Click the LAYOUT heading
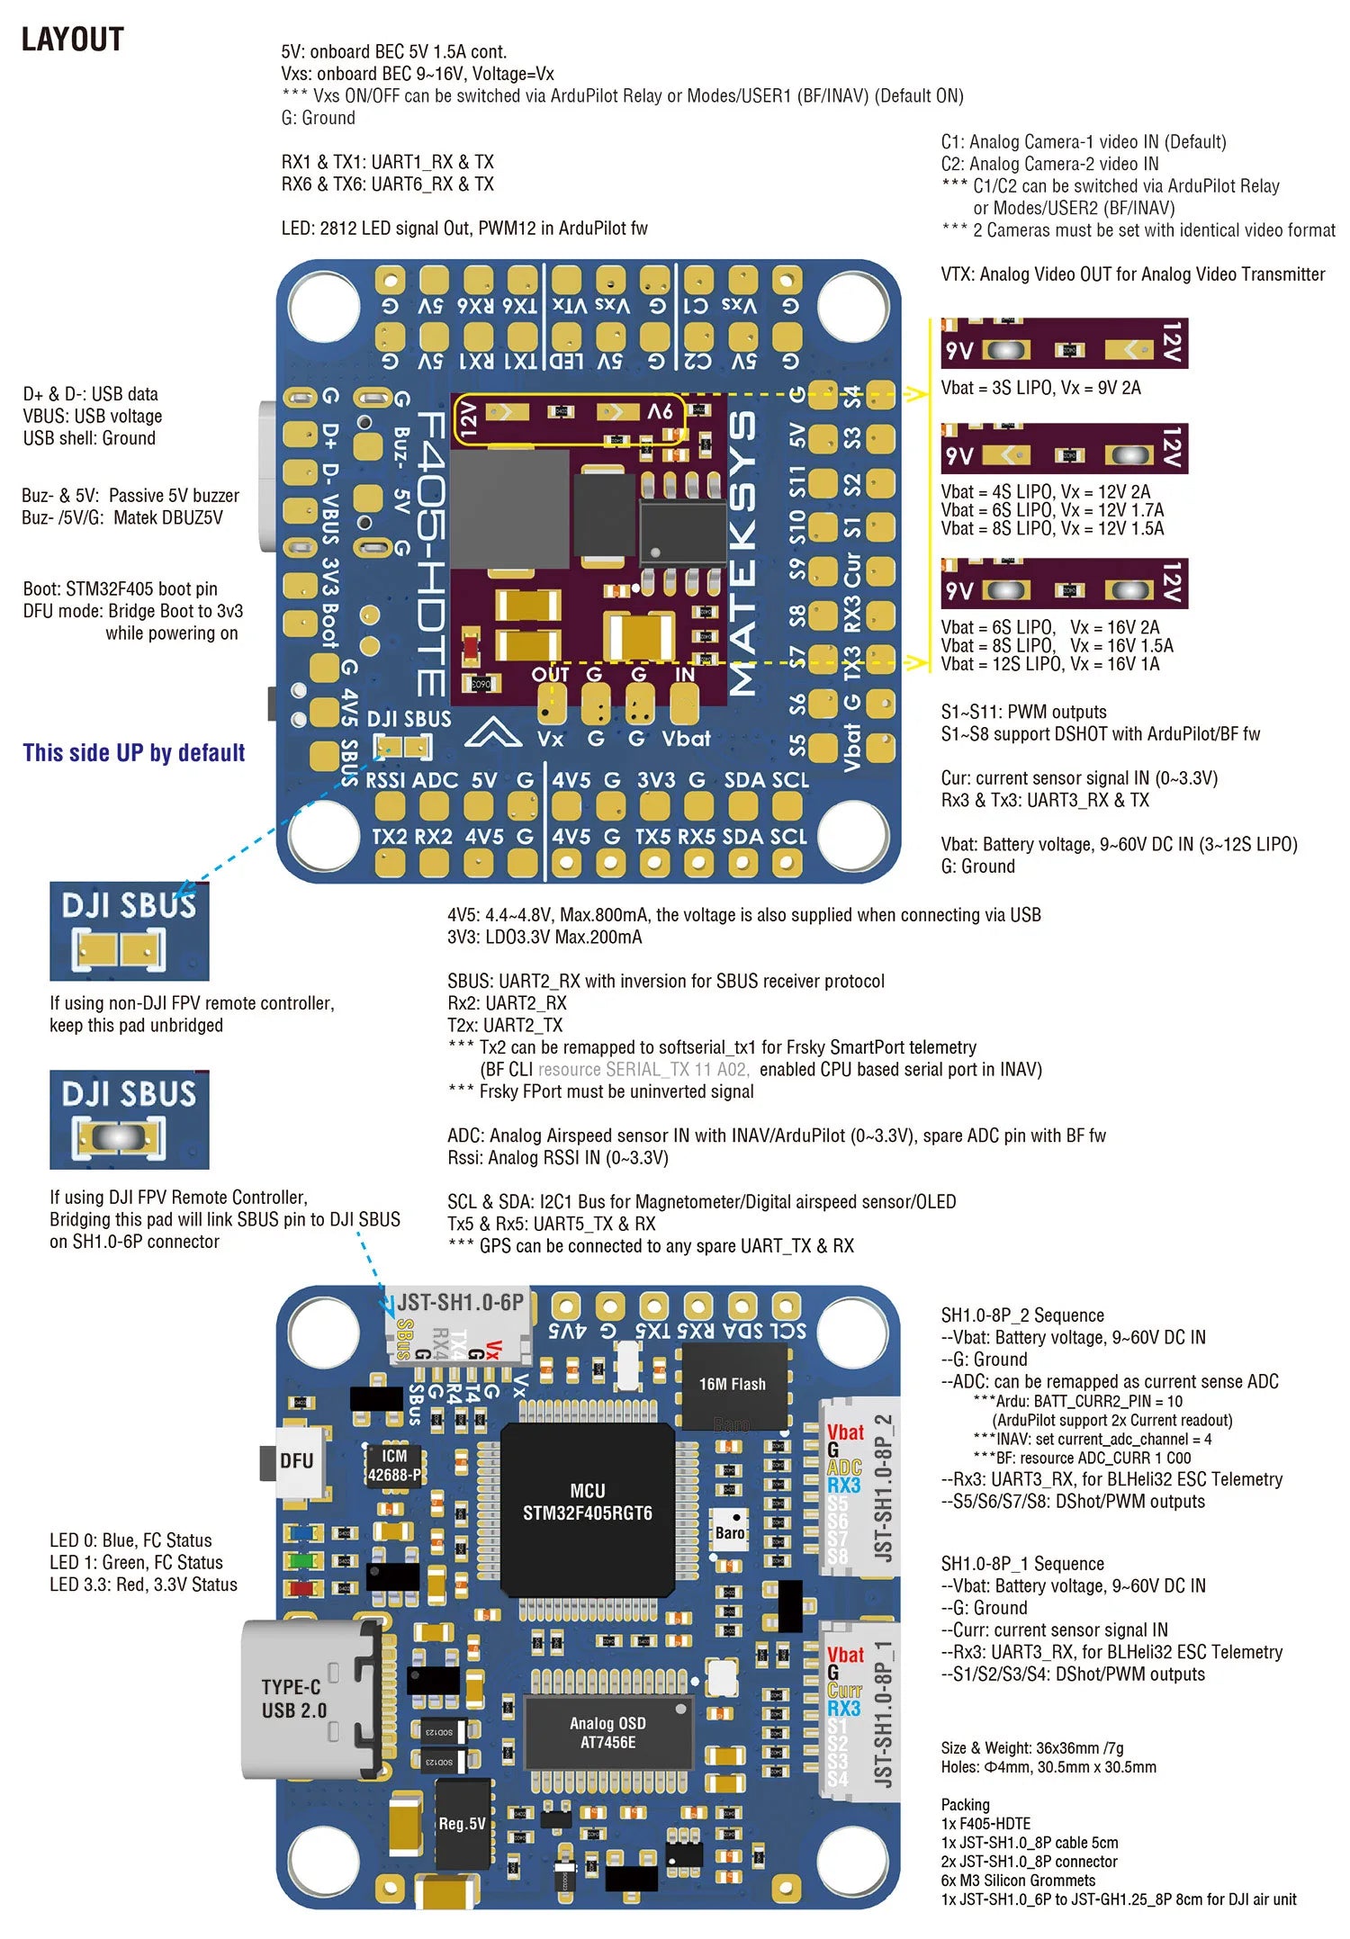click(72, 40)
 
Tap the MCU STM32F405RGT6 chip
click(587, 1502)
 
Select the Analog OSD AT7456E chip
click(607, 1732)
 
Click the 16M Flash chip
click(732, 1384)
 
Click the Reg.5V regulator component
click(462, 1823)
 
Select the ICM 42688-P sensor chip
click(393, 1466)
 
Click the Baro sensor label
click(729, 1532)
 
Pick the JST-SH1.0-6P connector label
click(460, 1302)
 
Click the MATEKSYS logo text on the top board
click(743, 553)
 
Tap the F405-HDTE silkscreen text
click(431, 553)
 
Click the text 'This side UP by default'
click(134, 752)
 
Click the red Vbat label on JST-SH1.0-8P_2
click(845, 1432)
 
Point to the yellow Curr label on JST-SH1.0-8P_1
click(844, 1690)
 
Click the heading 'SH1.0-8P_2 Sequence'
click(1022, 1315)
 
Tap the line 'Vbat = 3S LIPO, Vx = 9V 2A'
click(1040, 388)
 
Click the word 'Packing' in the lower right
click(965, 1804)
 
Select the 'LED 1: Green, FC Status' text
click(136, 1562)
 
